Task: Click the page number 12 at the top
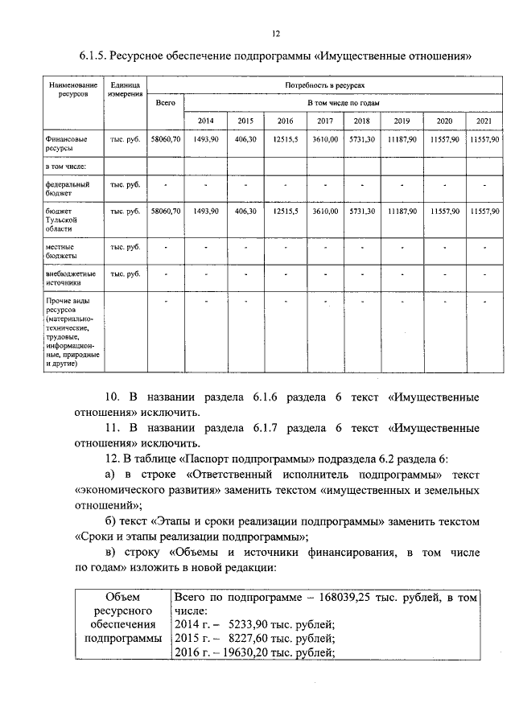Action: [x=275, y=33]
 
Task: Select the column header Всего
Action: [x=165, y=103]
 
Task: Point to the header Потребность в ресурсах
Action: [x=325, y=84]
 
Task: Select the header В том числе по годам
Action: [x=344, y=103]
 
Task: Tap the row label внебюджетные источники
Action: [x=72, y=278]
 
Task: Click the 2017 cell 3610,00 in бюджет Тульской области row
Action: [x=325, y=212]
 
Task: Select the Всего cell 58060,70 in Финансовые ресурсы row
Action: [x=165, y=139]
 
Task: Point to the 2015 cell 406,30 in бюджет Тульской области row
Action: [x=245, y=212]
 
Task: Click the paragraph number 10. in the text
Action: [x=113, y=397]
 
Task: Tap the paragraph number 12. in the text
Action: [x=113, y=459]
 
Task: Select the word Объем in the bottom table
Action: [x=123, y=598]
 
